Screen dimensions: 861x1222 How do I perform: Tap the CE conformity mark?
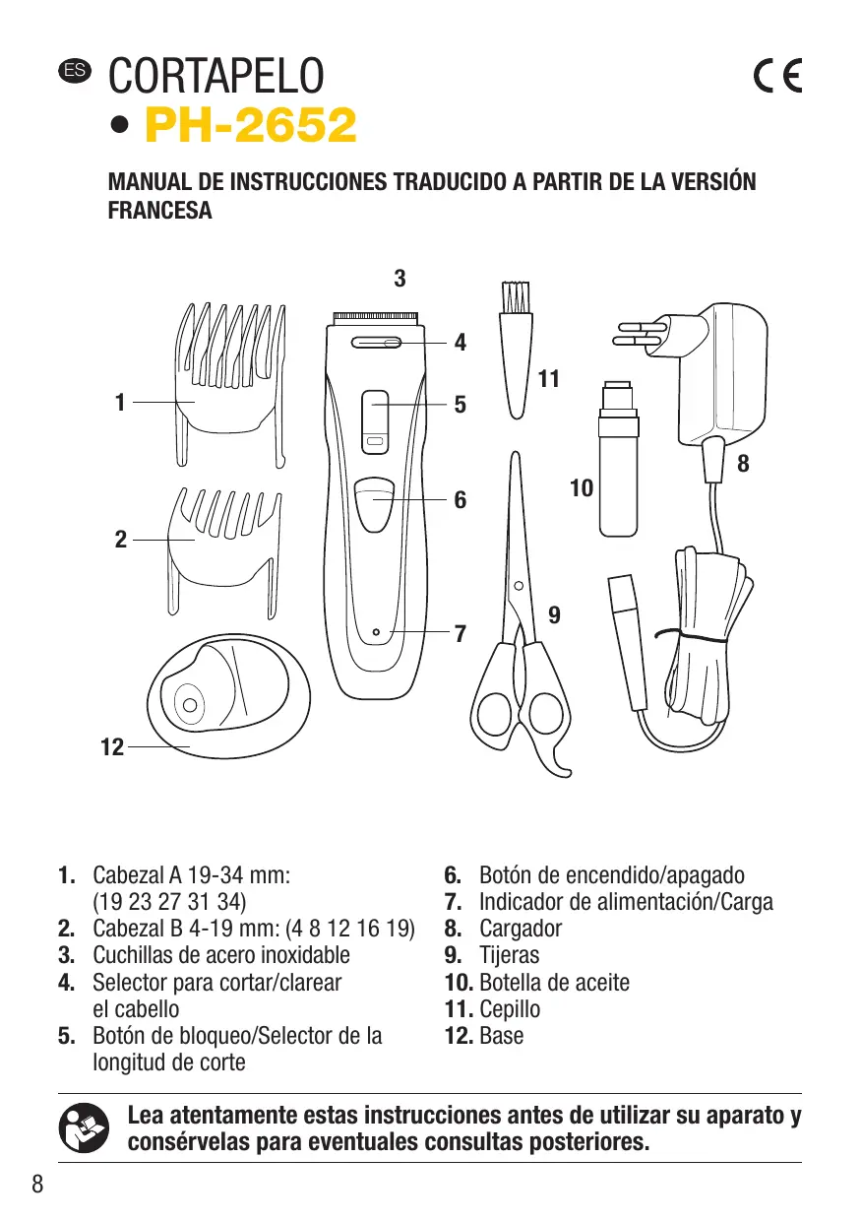776,76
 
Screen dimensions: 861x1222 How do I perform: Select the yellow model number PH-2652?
250,126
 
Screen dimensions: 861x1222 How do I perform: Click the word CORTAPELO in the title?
216,77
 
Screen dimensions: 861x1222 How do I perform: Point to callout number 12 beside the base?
112,747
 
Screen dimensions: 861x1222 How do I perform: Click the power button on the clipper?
374,500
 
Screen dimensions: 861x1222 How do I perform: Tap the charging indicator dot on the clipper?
376,630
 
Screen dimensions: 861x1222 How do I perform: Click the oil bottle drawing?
617,463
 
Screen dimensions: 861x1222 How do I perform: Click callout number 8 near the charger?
743,463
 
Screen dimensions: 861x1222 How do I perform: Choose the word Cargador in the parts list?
521,929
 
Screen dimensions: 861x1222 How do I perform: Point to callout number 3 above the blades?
400,279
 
